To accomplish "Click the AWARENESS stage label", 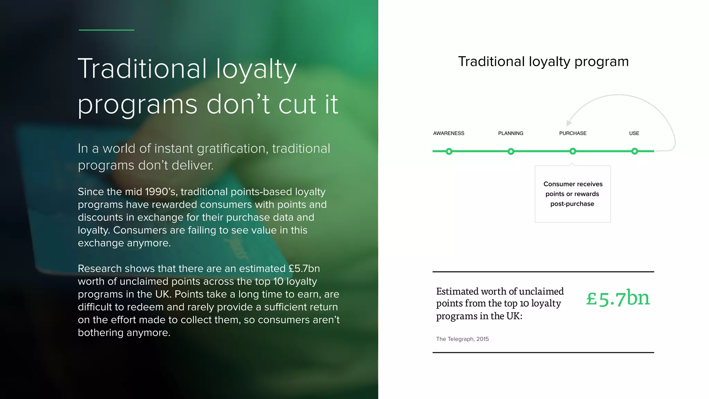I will (449, 133).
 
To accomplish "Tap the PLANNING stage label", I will (511, 133).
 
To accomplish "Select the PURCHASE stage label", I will (573, 133).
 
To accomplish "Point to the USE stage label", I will (634, 133).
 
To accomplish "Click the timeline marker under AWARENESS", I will (449, 151).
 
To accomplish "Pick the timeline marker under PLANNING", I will (511, 151).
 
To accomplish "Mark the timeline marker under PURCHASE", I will (573, 151).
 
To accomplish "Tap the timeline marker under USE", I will (634, 151).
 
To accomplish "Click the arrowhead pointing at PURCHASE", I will (568, 123).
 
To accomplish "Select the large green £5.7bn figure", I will (618, 298).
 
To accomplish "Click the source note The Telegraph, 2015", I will (462, 339).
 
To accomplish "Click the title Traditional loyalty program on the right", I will (543, 62).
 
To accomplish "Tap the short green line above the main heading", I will (106, 30).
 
